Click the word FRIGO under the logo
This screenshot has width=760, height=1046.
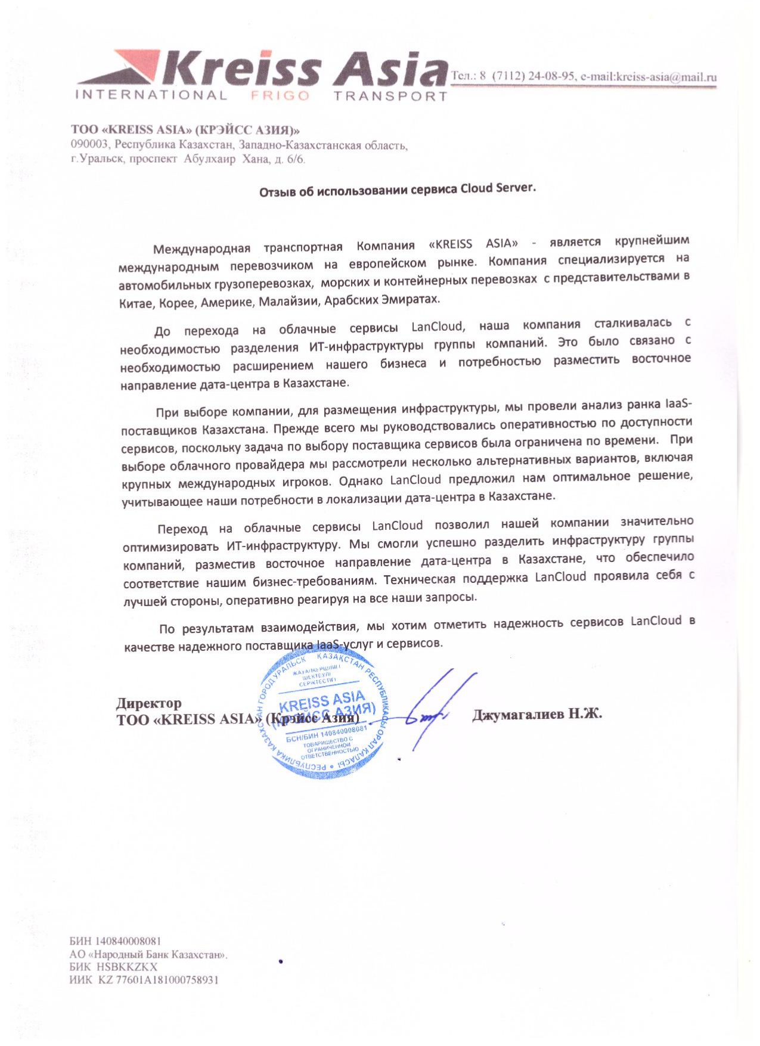click(x=281, y=96)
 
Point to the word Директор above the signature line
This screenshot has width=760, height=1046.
click(x=148, y=704)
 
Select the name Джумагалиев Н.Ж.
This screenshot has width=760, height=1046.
click(x=536, y=714)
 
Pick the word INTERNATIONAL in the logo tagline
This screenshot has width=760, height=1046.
click(x=151, y=95)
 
